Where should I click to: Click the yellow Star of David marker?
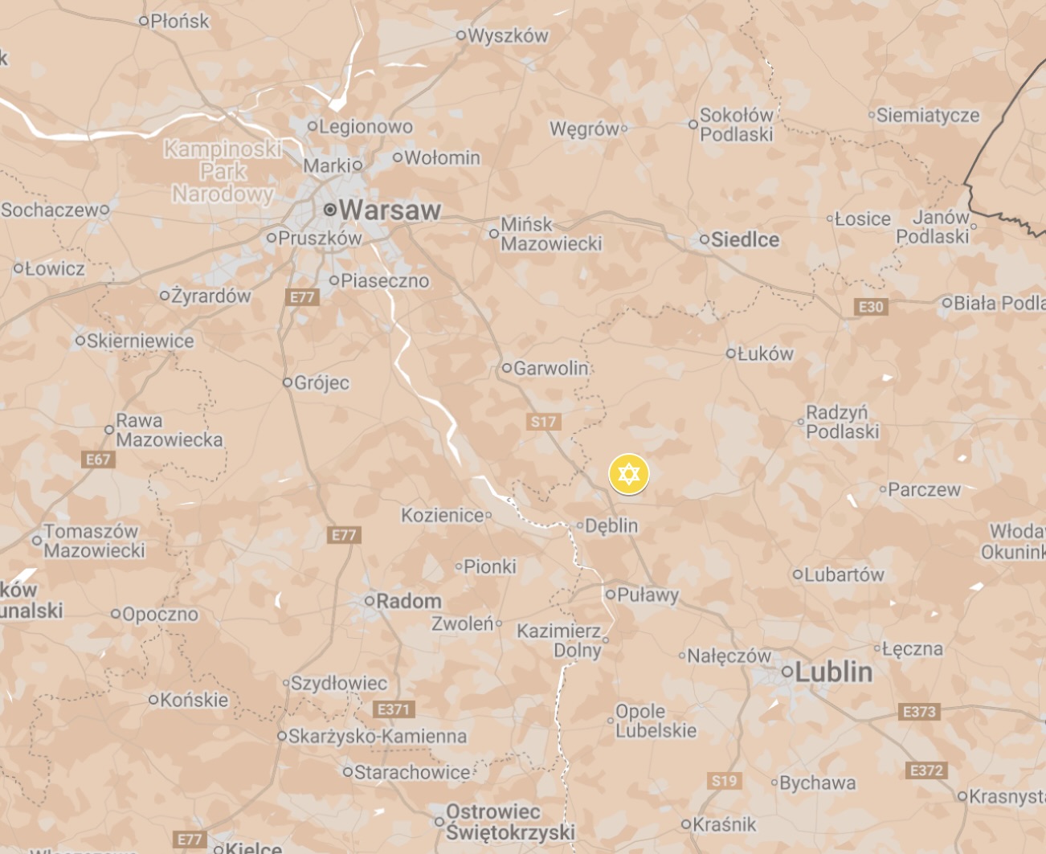628,473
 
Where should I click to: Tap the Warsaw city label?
390,210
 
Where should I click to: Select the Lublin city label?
833,672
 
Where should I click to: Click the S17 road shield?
543,422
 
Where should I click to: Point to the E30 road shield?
871,307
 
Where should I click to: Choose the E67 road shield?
98,460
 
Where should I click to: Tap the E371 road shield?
394,709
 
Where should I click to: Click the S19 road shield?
724,780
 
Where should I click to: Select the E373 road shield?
919,712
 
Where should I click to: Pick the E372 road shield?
925,770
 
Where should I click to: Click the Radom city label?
409,601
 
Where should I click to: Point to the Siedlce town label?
745,239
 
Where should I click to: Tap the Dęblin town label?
611,526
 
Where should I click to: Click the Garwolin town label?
551,369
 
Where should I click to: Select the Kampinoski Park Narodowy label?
223,171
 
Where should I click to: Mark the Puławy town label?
648,595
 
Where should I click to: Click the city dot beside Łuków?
730,353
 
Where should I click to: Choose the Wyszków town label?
508,36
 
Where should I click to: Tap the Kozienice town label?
443,515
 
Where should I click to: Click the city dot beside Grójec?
288,382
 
